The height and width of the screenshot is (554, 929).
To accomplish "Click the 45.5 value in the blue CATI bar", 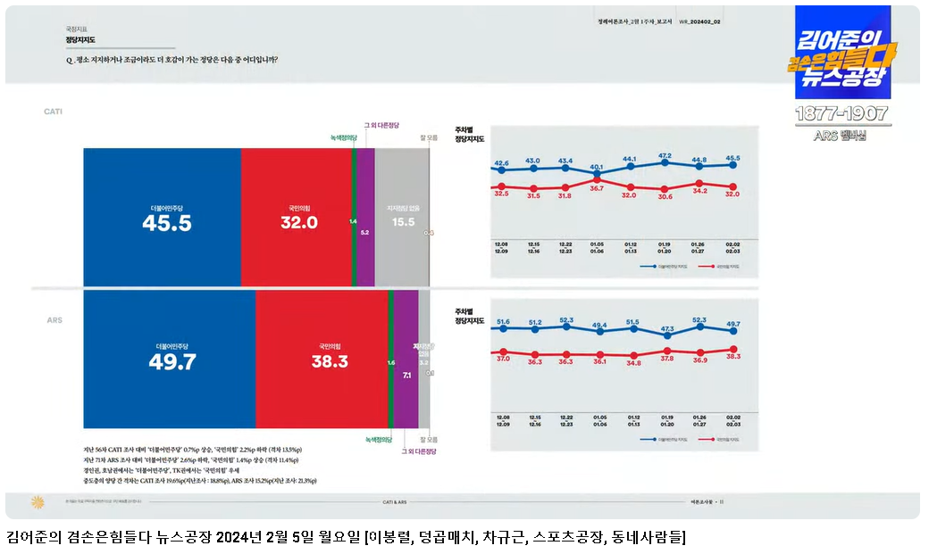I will point(166,223).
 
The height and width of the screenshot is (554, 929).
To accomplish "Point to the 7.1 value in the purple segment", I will point(406,376).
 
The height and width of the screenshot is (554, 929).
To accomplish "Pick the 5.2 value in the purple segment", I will point(364,232).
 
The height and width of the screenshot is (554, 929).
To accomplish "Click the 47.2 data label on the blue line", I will point(665,155).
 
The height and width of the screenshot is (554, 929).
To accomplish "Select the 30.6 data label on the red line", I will point(665,196).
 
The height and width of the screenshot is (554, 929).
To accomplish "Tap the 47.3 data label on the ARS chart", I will point(667,328).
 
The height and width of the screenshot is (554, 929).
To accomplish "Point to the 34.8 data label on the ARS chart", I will point(633,363).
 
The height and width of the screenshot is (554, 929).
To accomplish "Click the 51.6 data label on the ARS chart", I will point(503,322).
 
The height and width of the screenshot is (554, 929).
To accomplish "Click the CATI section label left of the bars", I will point(54,112).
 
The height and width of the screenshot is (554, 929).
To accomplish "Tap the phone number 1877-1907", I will point(842,114).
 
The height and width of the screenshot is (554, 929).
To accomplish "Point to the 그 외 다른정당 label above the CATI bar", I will point(381,125).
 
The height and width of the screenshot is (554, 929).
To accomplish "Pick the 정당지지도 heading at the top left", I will point(80,40).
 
